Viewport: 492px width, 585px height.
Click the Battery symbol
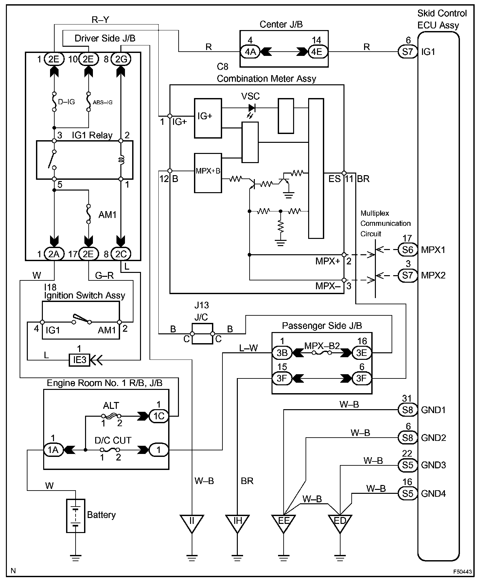pos(76,516)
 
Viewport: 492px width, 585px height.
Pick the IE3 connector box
pos(79,360)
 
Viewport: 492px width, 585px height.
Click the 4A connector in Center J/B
pos(250,52)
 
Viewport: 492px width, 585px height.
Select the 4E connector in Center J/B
pos(316,52)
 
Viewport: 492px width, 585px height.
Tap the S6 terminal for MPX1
pos(408,250)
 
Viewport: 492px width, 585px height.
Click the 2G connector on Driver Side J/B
pos(121,59)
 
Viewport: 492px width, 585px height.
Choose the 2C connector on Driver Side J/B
pos(121,254)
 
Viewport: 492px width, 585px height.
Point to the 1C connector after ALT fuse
pos(159,416)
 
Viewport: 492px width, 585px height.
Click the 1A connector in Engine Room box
pos(53,450)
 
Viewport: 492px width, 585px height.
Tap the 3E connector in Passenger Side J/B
pos(361,353)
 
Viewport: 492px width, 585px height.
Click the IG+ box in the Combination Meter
pos(208,118)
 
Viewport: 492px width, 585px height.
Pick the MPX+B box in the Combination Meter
pos(208,173)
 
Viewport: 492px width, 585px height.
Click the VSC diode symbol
pos(252,108)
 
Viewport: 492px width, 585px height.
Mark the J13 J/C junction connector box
pos(202,334)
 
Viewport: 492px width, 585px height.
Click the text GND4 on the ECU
pos(433,493)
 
